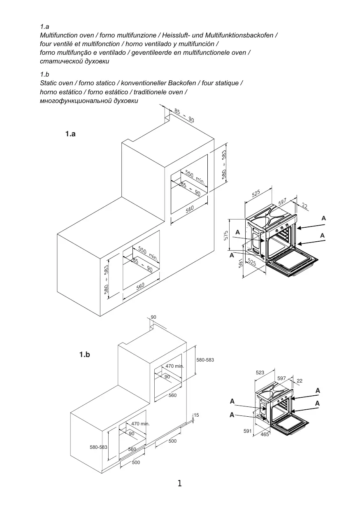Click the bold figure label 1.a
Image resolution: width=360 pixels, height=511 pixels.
click(70, 134)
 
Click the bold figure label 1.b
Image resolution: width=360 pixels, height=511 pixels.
click(85, 354)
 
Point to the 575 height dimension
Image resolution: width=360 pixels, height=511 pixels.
click(226, 236)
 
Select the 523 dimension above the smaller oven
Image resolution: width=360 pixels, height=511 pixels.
click(260, 373)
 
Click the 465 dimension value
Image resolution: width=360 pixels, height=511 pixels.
click(265, 434)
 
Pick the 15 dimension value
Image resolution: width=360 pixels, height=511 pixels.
click(196, 415)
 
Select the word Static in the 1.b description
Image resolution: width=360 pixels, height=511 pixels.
click(48, 83)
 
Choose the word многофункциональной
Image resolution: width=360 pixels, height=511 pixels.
click(76, 101)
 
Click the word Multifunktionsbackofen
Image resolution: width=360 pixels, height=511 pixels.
click(239, 35)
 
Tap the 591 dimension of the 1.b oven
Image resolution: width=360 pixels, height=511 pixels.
click(247, 431)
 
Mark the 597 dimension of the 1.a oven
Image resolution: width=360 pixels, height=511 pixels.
click(282, 202)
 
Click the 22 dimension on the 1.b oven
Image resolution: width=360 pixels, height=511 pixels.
click(300, 381)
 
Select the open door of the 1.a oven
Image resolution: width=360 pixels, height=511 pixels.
click(292, 262)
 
